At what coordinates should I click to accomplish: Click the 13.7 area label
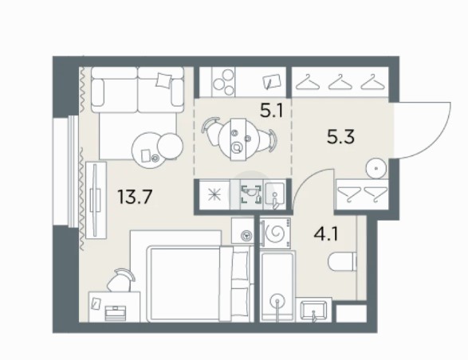[136, 197]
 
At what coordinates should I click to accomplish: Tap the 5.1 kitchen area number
[271, 112]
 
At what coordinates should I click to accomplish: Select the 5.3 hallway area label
[341, 137]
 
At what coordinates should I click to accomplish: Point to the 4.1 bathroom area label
[326, 233]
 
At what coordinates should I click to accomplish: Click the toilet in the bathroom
[343, 262]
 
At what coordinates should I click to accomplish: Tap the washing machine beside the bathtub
[275, 232]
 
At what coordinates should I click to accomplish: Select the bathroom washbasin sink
[313, 310]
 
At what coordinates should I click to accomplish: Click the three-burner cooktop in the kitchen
[223, 82]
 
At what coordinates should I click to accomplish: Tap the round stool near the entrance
[376, 168]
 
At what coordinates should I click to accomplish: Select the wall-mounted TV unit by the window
[96, 200]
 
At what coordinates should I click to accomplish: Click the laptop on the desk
[116, 313]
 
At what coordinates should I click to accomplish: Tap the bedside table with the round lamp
[242, 231]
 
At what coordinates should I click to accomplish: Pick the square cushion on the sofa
[163, 80]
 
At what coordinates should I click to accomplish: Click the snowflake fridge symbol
[215, 195]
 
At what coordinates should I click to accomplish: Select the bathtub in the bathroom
[278, 287]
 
